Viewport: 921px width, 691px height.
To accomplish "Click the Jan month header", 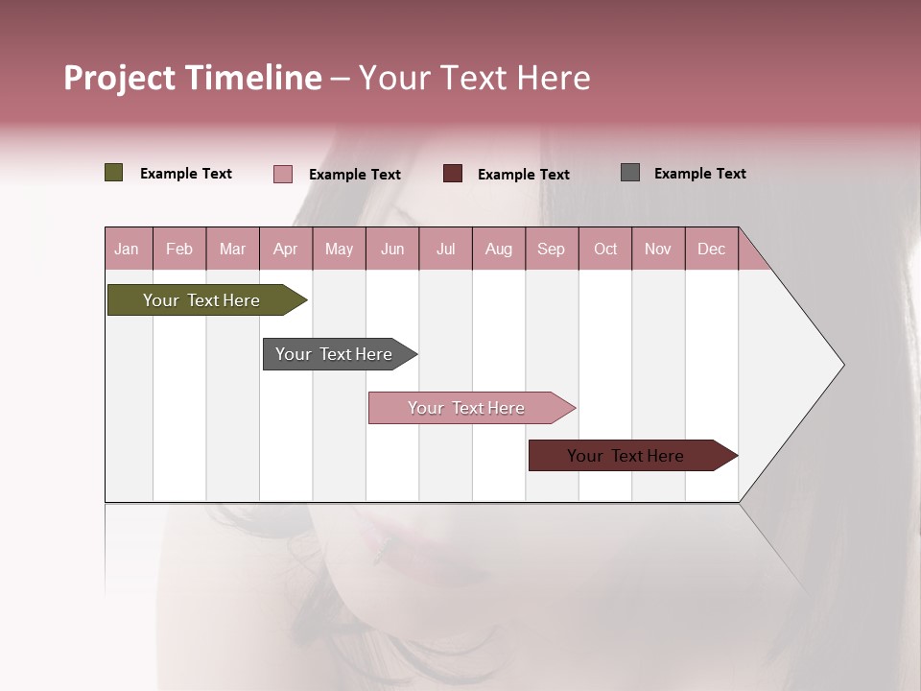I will click(x=127, y=249).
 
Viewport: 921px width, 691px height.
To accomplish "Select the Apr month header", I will click(x=286, y=249).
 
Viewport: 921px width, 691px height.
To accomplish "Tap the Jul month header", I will click(x=445, y=249).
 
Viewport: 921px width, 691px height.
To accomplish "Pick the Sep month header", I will click(x=551, y=249).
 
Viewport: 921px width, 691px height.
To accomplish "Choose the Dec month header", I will click(x=711, y=249).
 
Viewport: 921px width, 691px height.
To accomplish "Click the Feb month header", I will click(x=179, y=249).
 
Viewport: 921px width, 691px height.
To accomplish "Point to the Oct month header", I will click(x=605, y=249).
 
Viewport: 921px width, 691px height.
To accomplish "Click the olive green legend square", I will click(x=113, y=173).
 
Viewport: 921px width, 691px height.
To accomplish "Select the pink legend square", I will click(x=282, y=174).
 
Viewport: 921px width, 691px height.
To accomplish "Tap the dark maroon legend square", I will click(x=452, y=174).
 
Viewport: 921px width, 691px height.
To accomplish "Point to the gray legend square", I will click(x=629, y=173).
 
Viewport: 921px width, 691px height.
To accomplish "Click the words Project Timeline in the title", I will click(x=192, y=78).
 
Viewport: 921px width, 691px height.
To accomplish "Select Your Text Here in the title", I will click(x=474, y=78).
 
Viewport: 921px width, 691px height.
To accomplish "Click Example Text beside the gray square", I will click(x=699, y=174).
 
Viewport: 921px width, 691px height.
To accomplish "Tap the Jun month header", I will click(x=392, y=249).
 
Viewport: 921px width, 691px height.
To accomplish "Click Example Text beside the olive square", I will click(x=185, y=174).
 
